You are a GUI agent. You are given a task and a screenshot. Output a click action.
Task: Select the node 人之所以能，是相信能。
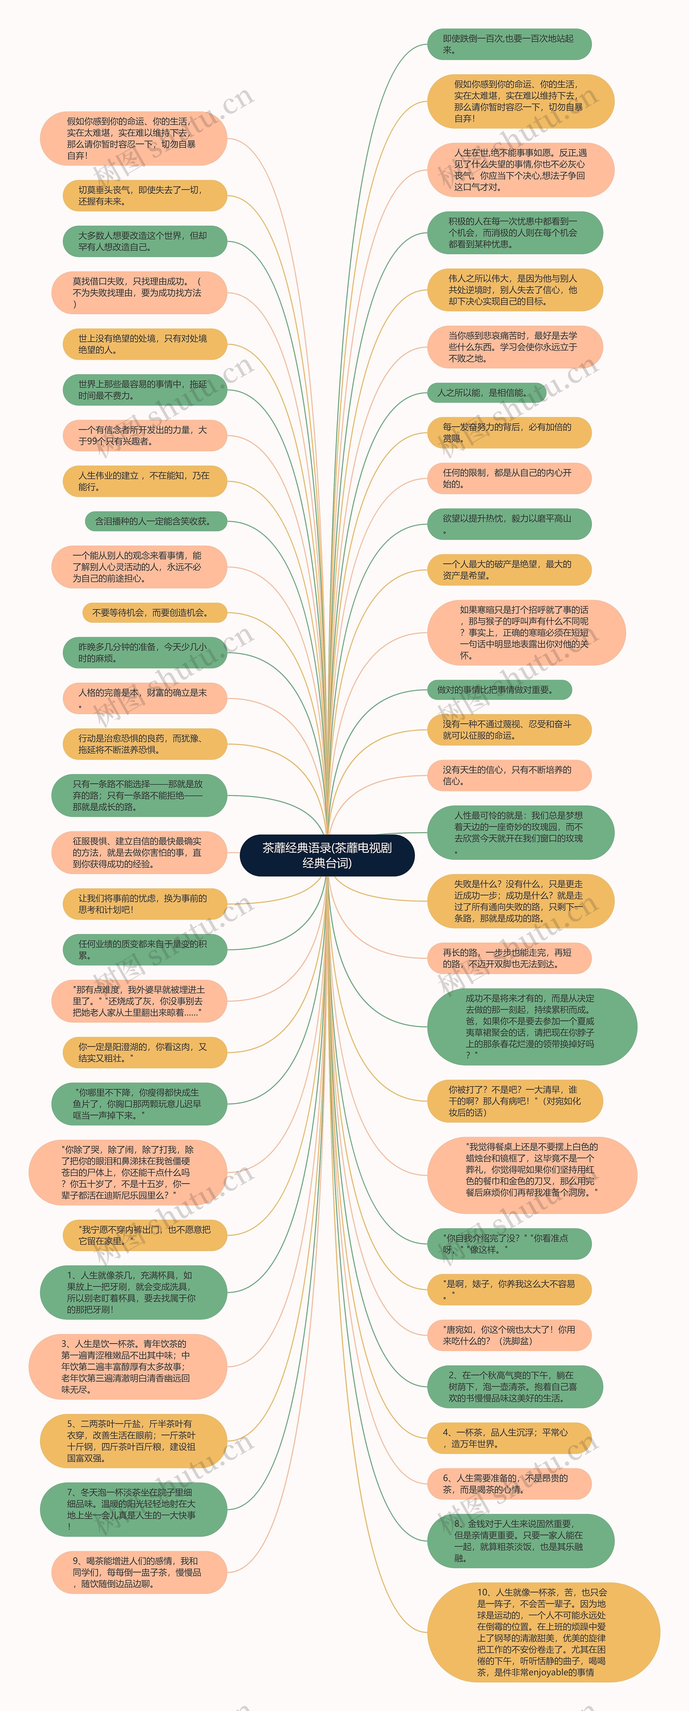point(487,393)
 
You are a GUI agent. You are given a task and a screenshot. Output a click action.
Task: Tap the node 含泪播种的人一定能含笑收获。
point(155,521)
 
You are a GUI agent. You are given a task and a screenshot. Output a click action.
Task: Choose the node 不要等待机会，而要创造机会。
point(154,612)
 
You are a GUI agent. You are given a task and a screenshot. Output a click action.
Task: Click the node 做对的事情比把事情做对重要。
point(499,689)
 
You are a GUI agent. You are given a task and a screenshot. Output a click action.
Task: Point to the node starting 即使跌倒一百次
point(508,44)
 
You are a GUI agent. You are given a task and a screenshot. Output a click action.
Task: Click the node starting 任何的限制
point(508,478)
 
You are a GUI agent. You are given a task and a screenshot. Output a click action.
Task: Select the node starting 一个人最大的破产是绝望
point(508,569)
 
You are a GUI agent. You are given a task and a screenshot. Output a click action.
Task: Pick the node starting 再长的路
point(508,958)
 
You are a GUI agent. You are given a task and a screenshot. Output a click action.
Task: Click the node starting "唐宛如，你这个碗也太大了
point(508,1335)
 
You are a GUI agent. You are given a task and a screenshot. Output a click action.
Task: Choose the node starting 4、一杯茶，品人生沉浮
point(508,1438)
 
